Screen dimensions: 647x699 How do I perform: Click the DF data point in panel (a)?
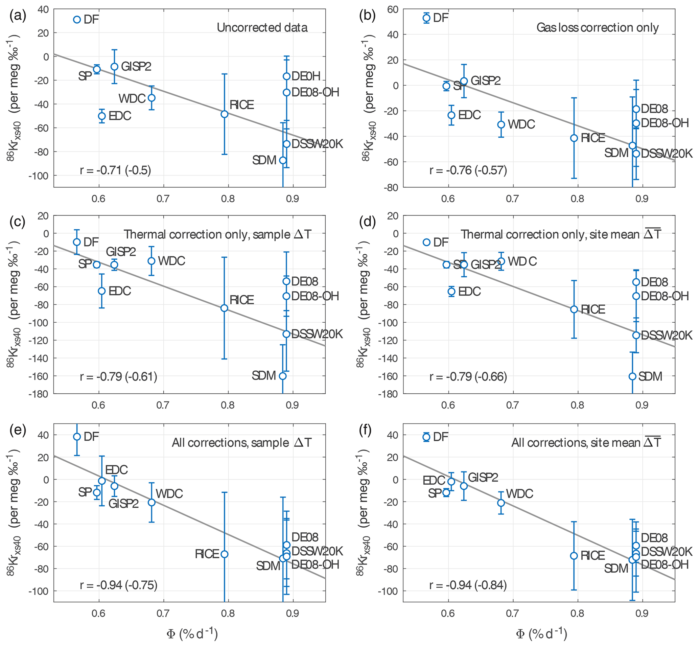click(x=77, y=20)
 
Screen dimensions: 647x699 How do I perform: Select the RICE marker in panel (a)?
click(x=224, y=114)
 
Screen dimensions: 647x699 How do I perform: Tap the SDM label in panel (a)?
click(x=264, y=160)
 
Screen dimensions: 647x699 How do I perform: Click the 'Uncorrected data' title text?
click(x=262, y=28)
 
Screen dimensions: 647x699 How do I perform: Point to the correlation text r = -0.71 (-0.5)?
click(x=116, y=170)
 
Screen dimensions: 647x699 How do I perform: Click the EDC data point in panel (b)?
click(x=451, y=115)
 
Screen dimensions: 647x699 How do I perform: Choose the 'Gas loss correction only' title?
click(x=597, y=28)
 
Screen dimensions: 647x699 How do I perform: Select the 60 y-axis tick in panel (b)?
click(x=393, y=9)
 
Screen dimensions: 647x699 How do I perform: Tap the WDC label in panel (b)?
click(x=521, y=124)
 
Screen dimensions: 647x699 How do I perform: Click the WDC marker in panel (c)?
click(x=151, y=261)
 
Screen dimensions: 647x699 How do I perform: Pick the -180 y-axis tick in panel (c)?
click(x=39, y=394)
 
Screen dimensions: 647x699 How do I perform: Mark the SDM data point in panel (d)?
click(x=632, y=376)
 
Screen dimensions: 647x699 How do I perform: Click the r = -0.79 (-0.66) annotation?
click(x=468, y=377)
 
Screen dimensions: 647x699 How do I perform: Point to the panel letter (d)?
click(x=368, y=222)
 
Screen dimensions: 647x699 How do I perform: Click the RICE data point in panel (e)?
click(x=224, y=554)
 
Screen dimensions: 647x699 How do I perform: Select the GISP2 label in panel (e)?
click(x=123, y=504)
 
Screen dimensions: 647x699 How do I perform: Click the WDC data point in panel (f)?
click(x=501, y=503)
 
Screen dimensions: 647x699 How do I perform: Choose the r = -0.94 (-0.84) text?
click(x=468, y=585)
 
